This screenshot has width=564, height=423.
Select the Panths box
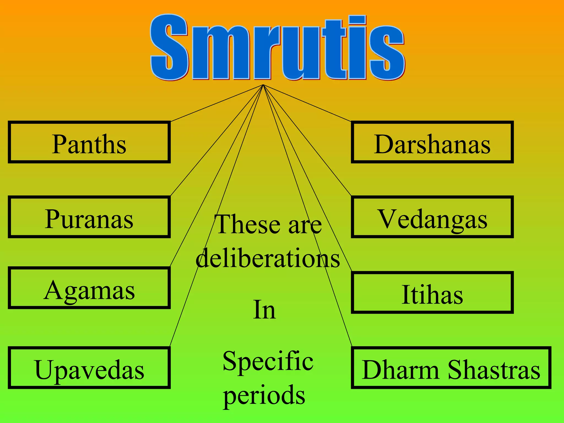(89, 142)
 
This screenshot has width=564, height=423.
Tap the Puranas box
(89, 217)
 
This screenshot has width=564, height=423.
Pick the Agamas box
(89, 288)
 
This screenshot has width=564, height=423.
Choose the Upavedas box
(89, 368)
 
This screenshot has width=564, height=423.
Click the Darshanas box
(432, 142)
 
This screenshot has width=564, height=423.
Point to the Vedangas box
(432, 217)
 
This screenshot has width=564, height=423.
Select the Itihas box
(432, 292)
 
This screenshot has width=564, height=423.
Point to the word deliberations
(268, 258)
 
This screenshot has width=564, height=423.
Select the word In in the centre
(264, 310)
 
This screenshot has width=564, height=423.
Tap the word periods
(264, 394)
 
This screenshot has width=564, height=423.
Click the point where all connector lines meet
(263, 85)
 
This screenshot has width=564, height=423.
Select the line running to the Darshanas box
(307, 103)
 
